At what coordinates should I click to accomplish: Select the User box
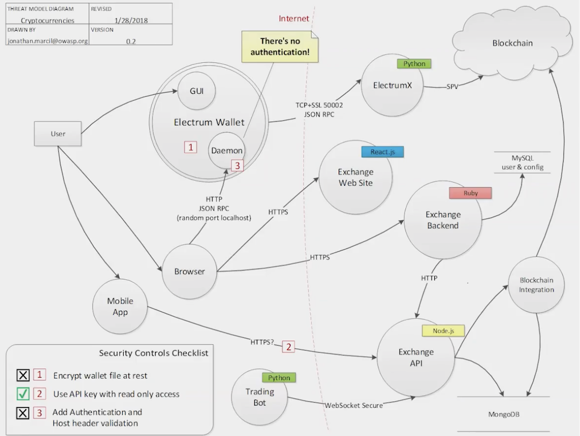58,134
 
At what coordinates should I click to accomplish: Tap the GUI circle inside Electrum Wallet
195,91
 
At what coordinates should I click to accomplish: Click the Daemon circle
226,151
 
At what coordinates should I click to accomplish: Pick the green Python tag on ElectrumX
414,64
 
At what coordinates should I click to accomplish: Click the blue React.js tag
383,152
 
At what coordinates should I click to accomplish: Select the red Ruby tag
470,193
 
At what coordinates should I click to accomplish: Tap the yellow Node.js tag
443,330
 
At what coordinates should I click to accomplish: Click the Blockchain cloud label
512,43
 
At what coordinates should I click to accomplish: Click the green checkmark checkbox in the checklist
23,394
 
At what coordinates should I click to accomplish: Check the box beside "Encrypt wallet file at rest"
23,376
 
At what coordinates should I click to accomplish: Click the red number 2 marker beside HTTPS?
288,347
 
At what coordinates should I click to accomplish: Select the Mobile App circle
120,306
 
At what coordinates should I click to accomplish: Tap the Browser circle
190,272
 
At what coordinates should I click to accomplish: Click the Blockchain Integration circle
536,285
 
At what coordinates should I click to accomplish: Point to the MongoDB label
503,414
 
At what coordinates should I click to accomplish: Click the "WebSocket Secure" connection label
353,405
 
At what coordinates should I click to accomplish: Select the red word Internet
294,18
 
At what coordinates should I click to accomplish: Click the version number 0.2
131,41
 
